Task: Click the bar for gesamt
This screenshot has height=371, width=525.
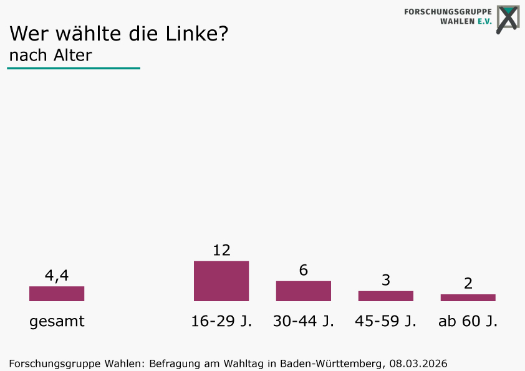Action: coord(57,294)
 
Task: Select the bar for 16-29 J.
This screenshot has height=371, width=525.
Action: coord(221,281)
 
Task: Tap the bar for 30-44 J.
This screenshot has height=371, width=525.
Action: coord(304,291)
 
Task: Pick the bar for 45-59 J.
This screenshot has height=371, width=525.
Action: coord(386,296)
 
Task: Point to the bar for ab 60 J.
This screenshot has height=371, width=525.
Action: coord(468,297)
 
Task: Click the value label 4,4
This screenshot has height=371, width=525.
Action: coord(57,275)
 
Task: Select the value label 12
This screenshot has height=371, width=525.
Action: coord(221,250)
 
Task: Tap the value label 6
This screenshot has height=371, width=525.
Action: coord(304,270)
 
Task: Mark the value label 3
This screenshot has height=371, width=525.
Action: coord(386,280)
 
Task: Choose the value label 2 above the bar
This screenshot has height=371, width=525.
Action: coord(468,283)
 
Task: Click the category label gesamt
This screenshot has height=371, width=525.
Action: coord(57,322)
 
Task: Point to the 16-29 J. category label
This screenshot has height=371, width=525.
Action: coord(221,322)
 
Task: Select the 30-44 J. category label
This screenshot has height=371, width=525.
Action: coord(304,322)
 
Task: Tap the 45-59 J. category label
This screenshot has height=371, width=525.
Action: coord(386,322)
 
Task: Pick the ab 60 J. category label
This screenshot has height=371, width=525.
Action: coord(468,322)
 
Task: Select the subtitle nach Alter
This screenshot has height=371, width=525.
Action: coord(51,55)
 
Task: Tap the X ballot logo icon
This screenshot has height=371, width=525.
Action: coord(508,19)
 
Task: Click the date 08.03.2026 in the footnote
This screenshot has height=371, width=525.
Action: coord(418,363)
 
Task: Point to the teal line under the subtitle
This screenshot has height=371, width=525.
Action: coord(74,68)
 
